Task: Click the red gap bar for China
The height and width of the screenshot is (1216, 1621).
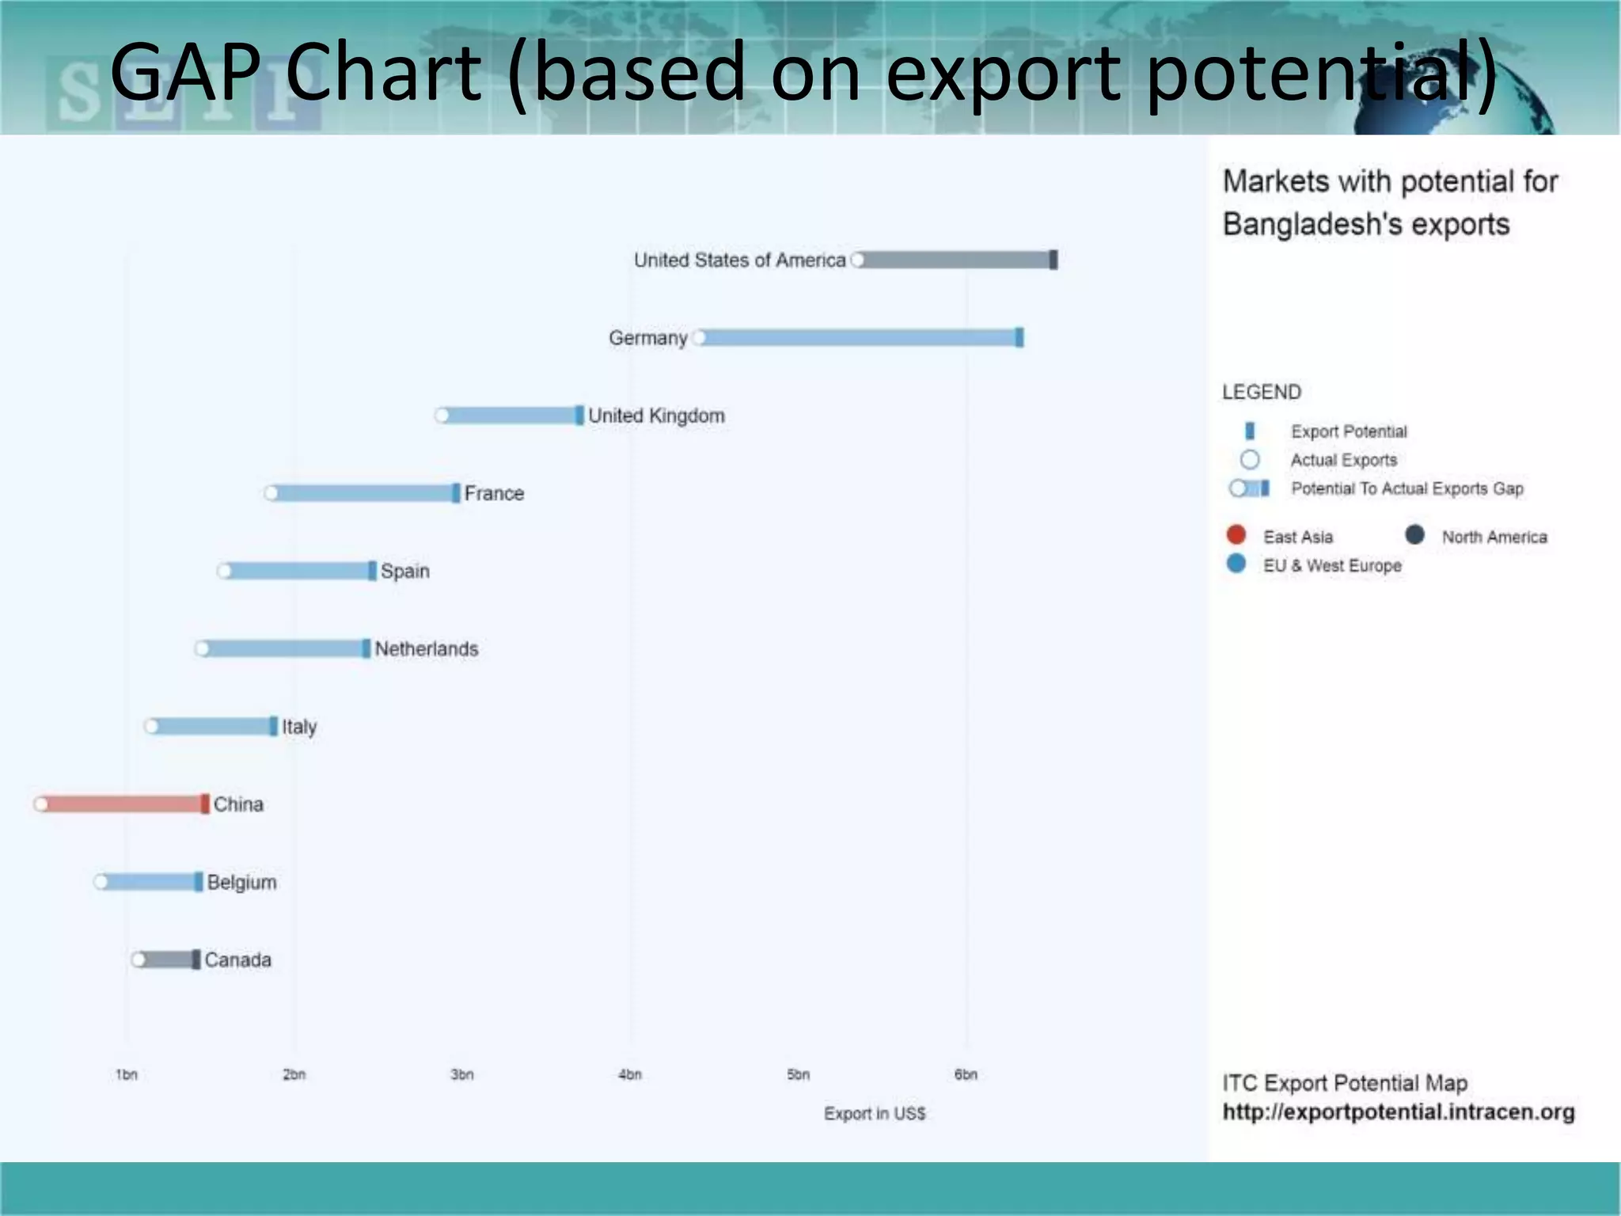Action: [123, 804]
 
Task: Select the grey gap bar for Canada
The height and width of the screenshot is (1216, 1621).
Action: [166, 959]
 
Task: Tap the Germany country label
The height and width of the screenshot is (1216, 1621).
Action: [647, 338]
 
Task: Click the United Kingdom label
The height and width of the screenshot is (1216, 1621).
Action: [656, 416]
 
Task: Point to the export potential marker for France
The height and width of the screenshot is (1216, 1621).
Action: [456, 493]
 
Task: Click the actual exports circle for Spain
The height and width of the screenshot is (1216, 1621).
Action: [225, 571]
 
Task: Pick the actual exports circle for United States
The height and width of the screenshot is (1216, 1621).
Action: [857, 260]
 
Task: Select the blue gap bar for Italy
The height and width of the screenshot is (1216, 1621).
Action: [211, 726]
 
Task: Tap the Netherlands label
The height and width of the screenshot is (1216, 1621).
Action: [426, 649]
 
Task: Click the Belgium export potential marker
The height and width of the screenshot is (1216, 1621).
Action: [199, 882]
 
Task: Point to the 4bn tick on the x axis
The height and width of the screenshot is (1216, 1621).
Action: [630, 1074]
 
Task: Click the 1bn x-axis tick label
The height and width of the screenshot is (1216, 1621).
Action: [127, 1074]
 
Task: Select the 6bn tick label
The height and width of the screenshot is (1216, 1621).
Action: [966, 1074]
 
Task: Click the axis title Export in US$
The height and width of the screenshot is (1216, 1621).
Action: [875, 1113]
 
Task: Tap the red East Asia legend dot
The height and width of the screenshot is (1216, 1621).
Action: [1236, 535]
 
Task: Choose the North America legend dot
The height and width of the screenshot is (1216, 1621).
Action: [1415, 535]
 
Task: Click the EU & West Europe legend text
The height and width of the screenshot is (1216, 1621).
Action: [1332, 565]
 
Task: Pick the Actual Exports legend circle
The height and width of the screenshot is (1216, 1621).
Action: [1250, 460]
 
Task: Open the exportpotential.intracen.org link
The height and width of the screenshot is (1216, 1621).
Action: [1399, 1111]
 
